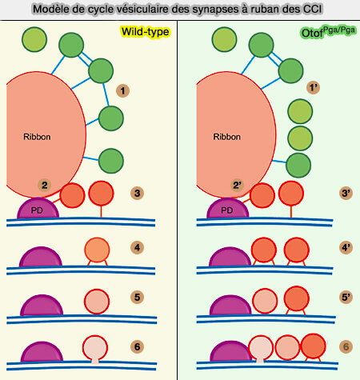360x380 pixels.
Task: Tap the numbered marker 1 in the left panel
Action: click(x=122, y=90)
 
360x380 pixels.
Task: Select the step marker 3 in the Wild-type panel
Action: click(x=138, y=193)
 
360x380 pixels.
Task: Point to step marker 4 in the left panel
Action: click(x=138, y=247)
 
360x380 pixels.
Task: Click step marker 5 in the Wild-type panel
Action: click(x=138, y=297)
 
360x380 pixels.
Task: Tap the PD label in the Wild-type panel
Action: click(x=36, y=211)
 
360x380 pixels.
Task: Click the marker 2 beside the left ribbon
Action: click(x=45, y=186)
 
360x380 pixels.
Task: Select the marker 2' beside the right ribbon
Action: click(x=236, y=186)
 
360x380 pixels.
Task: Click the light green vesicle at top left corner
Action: click(x=34, y=38)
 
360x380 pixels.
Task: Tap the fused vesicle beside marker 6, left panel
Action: click(x=96, y=350)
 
